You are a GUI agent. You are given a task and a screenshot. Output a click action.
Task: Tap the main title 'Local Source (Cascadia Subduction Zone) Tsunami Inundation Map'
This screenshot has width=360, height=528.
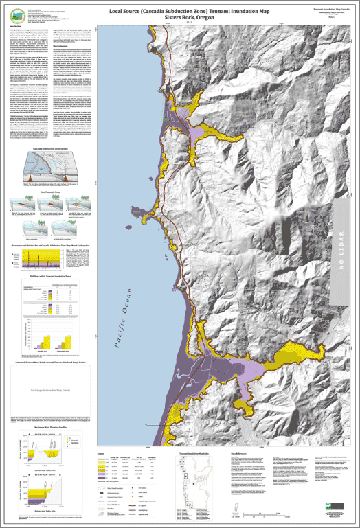pyautogui.click(x=179, y=6)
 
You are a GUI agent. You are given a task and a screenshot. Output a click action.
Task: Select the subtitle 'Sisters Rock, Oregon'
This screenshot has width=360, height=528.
pyautogui.click(x=179, y=14)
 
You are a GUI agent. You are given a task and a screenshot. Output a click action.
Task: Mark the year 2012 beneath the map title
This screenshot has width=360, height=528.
pyautogui.click(x=179, y=21)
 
